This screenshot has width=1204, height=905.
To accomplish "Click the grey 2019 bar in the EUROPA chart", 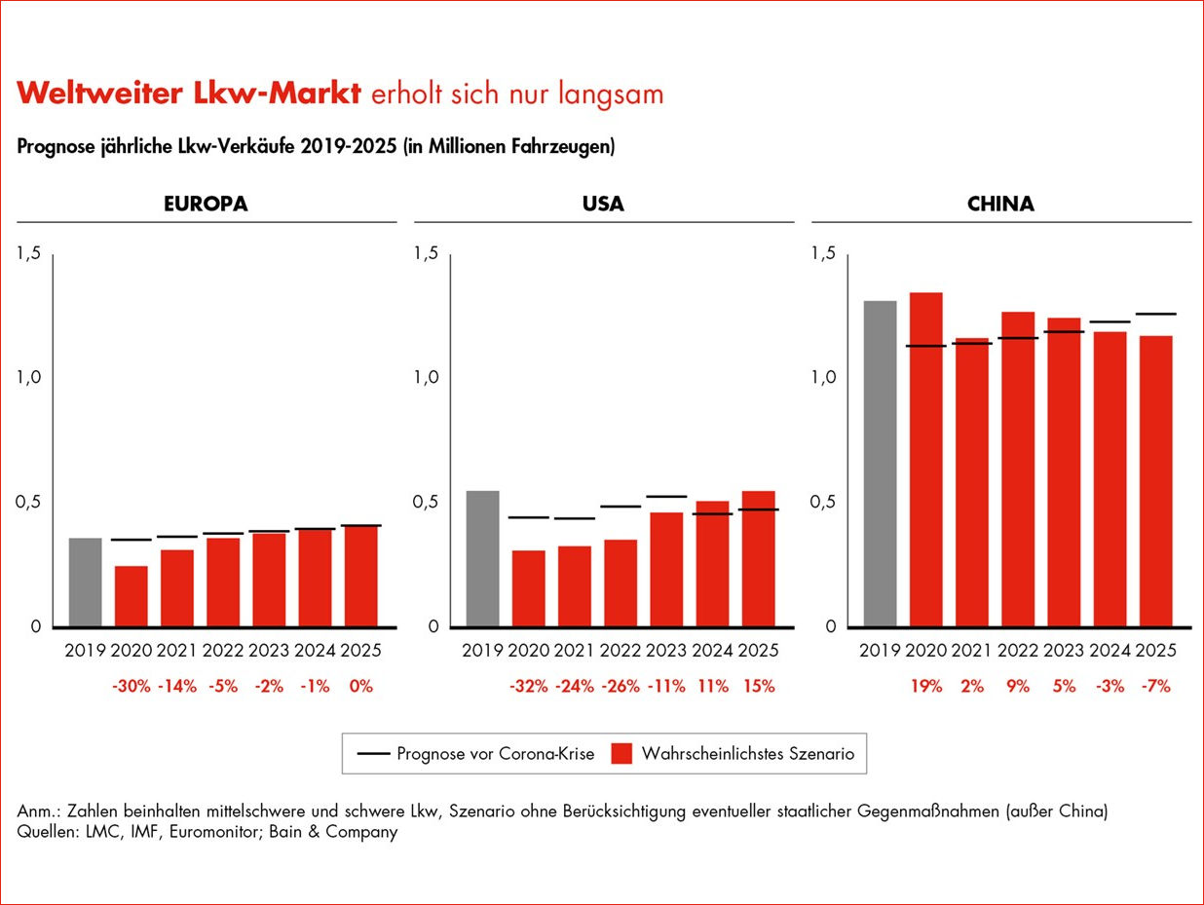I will tap(85, 583).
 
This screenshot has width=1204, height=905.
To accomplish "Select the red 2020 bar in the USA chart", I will tap(529, 588).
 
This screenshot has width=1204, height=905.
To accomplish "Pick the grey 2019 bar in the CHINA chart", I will tap(880, 464).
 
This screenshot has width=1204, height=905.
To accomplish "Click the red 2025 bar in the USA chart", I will tap(758, 559).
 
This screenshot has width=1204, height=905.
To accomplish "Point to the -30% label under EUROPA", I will tap(132, 686).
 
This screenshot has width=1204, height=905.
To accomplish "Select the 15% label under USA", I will tap(758, 686).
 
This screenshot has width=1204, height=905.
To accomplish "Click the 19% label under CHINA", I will tap(925, 686).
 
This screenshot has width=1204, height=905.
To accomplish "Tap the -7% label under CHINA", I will tap(1155, 686).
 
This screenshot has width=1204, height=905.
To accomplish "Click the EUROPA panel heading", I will tap(205, 205).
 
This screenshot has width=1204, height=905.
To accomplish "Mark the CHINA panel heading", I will tap(1000, 205).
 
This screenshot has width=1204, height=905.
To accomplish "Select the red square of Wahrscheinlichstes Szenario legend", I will tap(622, 753).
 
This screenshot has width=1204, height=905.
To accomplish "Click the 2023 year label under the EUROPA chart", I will tap(269, 651).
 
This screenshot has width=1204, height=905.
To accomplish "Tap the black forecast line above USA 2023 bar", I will tap(666, 497).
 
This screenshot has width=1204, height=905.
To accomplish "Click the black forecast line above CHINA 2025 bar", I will tap(1155, 314).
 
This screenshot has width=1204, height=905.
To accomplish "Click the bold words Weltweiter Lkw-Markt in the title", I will tap(190, 94).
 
